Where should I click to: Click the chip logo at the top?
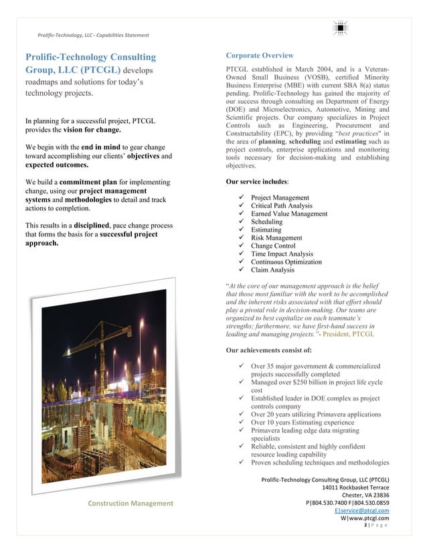[x=341, y=28]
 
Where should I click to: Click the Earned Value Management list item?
[x=289, y=214]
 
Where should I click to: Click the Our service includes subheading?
[x=258, y=181]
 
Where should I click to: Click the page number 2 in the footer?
[x=365, y=526]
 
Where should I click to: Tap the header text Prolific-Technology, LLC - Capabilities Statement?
[x=93, y=35]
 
